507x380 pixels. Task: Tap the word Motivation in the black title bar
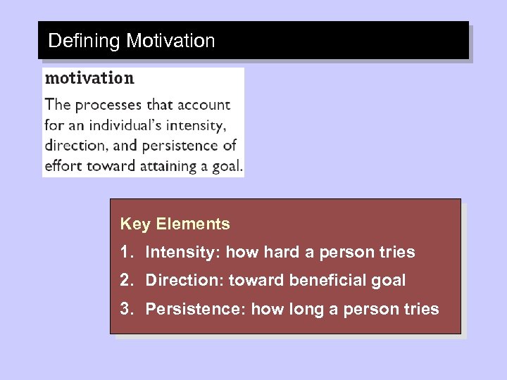pos(170,41)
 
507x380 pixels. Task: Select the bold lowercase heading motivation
pos(89,77)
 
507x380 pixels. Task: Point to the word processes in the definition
pos(108,105)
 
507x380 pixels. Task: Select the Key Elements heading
pos(175,224)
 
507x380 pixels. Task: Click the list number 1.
pos(125,252)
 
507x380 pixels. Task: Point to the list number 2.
pos(125,280)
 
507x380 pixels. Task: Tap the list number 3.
pos(125,308)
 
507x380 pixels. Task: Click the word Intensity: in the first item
pos(182,252)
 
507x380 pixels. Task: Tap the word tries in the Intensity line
pos(398,252)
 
